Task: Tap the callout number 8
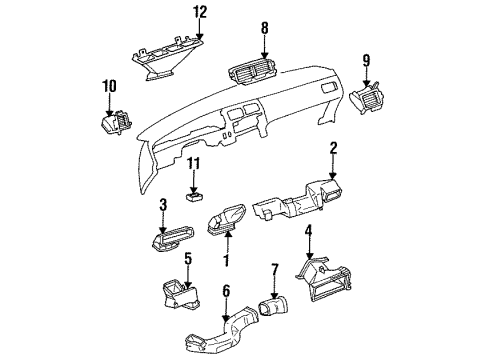click(x=264, y=30)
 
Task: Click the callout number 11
click(x=195, y=163)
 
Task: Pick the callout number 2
click(x=331, y=149)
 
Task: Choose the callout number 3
click(x=162, y=205)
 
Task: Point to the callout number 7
click(x=272, y=270)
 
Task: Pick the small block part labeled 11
click(x=195, y=197)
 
